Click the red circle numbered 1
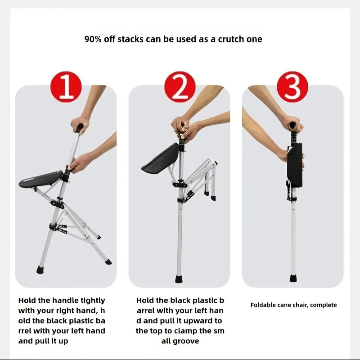pos(66,87)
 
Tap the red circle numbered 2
pos(180,87)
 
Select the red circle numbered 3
pos(292,87)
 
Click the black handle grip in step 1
pos(79,128)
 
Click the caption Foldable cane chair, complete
pos(293,305)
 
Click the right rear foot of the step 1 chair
pos(108,261)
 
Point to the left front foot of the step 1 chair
pos(40,270)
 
